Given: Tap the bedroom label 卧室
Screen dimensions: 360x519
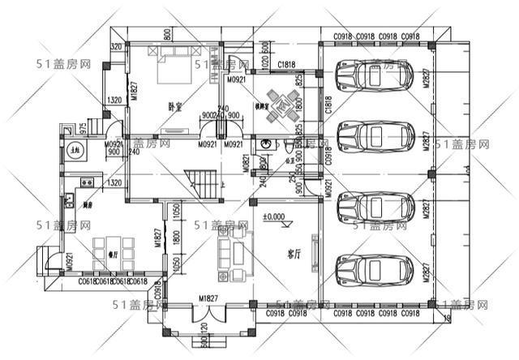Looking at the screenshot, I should pos(174,106).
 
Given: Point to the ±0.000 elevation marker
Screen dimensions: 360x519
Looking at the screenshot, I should pos(274,216).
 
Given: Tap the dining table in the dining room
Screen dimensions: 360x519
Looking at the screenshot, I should pos(109,247).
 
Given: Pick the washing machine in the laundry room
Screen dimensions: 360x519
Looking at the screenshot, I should pos(75,151).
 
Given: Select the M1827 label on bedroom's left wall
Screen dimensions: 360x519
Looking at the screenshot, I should pos(134,91).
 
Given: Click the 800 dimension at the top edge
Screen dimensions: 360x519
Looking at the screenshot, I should pos(167,34).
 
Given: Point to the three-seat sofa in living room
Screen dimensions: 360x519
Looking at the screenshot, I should pos(225,248).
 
